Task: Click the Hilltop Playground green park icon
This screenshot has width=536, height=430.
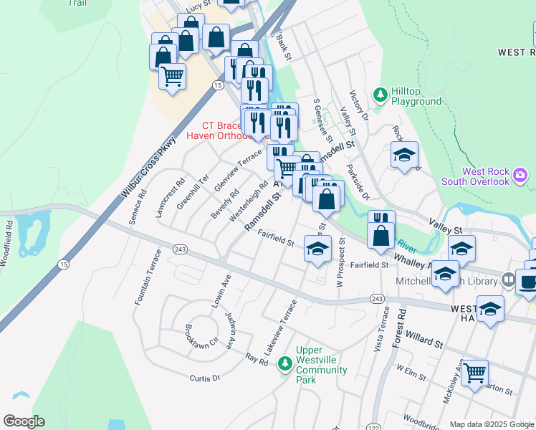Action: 380,95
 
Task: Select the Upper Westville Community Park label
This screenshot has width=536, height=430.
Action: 321,365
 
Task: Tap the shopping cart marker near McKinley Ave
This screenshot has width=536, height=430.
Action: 474,373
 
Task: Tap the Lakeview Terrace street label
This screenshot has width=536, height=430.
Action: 279,328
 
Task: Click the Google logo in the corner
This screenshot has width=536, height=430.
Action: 24,421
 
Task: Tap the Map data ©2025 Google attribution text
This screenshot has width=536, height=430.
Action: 492,424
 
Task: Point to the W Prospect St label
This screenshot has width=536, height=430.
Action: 340,266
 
